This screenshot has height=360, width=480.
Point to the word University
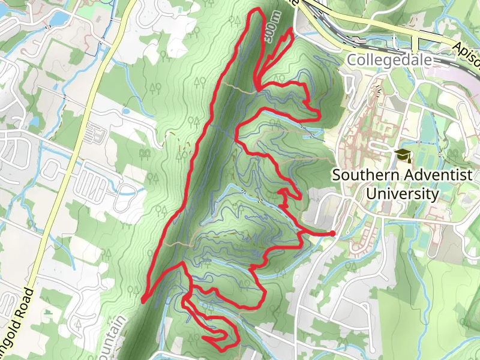coord(402,194)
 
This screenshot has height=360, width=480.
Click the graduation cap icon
coord(402,155)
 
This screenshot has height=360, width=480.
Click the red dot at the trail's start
coord(332,233)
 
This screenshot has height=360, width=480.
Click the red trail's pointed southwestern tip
coord(143,299)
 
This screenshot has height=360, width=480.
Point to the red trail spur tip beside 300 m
coord(292,29)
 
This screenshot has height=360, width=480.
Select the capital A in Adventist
coord(399,175)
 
